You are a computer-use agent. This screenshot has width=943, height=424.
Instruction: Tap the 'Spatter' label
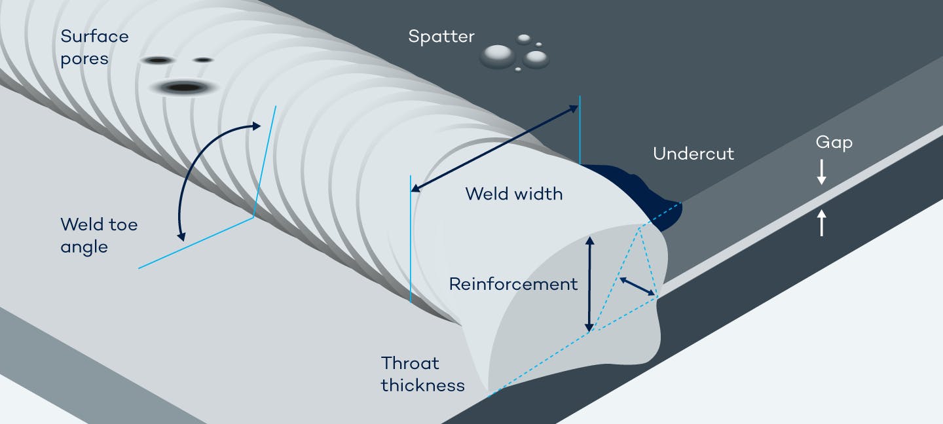click(x=441, y=36)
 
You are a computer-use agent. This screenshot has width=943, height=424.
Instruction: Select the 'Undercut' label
click(x=693, y=154)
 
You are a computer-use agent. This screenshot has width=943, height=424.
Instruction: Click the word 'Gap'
click(x=834, y=143)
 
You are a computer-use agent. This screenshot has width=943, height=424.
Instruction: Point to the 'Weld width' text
click(x=513, y=194)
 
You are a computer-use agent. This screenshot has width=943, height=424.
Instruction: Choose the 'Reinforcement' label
click(x=513, y=284)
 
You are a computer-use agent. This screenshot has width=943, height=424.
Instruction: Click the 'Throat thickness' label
click(x=422, y=374)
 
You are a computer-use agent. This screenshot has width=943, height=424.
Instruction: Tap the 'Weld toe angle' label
click(x=99, y=236)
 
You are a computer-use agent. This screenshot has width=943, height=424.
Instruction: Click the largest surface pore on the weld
click(x=185, y=87)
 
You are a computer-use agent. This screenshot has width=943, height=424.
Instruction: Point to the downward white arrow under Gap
click(x=822, y=171)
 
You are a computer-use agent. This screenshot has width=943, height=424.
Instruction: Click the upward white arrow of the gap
click(x=822, y=222)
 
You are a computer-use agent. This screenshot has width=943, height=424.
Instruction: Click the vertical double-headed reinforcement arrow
click(x=589, y=284)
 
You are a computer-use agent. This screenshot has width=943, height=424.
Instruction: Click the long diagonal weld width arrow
click(x=494, y=148)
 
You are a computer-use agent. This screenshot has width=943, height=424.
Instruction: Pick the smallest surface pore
click(x=204, y=60)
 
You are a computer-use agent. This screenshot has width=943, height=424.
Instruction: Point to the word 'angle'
click(x=84, y=247)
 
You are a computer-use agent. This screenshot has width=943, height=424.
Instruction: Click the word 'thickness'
click(x=422, y=385)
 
